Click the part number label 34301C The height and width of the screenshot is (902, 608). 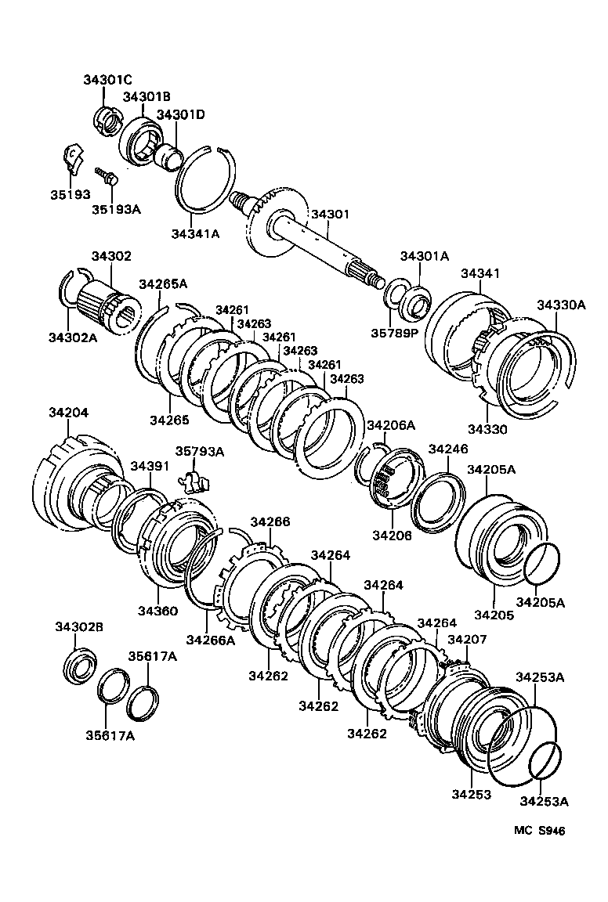pyautogui.click(x=108, y=80)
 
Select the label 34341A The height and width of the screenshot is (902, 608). pyautogui.click(x=196, y=233)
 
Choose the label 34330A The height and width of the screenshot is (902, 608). pyautogui.click(x=560, y=305)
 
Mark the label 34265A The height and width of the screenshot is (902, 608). pyautogui.click(x=163, y=284)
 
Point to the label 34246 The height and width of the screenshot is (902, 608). pyautogui.click(x=447, y=449)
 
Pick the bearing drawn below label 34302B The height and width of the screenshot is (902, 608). pyautogui.click(x=79, y=665)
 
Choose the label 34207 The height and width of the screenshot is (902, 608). pyautogui.click(x=467, y=640)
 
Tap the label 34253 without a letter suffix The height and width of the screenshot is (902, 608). pyautogui.click(x=470, y=795)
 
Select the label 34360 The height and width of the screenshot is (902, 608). pyautogui.click(x=159, y=611)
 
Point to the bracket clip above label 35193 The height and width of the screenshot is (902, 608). pyautogui.click(x=71, y=157)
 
